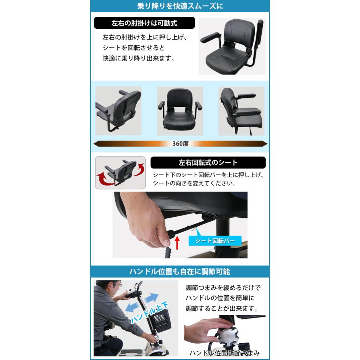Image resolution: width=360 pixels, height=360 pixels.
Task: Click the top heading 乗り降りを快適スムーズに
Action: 180,6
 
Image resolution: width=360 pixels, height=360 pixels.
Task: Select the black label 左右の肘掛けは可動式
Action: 144,23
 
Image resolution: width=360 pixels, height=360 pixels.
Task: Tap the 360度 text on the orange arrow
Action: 180,144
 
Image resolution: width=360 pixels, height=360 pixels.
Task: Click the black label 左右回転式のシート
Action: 208,162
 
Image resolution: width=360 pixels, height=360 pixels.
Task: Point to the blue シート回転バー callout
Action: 215,241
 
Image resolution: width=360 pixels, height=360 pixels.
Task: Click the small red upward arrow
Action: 177,243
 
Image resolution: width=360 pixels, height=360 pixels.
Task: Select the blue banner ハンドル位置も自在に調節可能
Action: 180,272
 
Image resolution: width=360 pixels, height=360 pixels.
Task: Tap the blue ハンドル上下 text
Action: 149,312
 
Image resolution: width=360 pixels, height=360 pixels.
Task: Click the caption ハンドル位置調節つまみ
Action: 224,353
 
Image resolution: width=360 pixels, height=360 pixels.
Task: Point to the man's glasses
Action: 117,284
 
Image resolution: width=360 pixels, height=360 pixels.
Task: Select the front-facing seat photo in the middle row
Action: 180,111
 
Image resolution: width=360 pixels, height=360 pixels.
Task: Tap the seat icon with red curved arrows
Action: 120,173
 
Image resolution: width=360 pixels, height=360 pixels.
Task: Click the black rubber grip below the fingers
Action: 168,252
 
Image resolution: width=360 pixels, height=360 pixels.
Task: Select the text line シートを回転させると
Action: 134,48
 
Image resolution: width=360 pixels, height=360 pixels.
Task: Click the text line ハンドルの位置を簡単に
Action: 220,298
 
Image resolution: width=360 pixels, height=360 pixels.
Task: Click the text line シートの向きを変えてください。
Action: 194,183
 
